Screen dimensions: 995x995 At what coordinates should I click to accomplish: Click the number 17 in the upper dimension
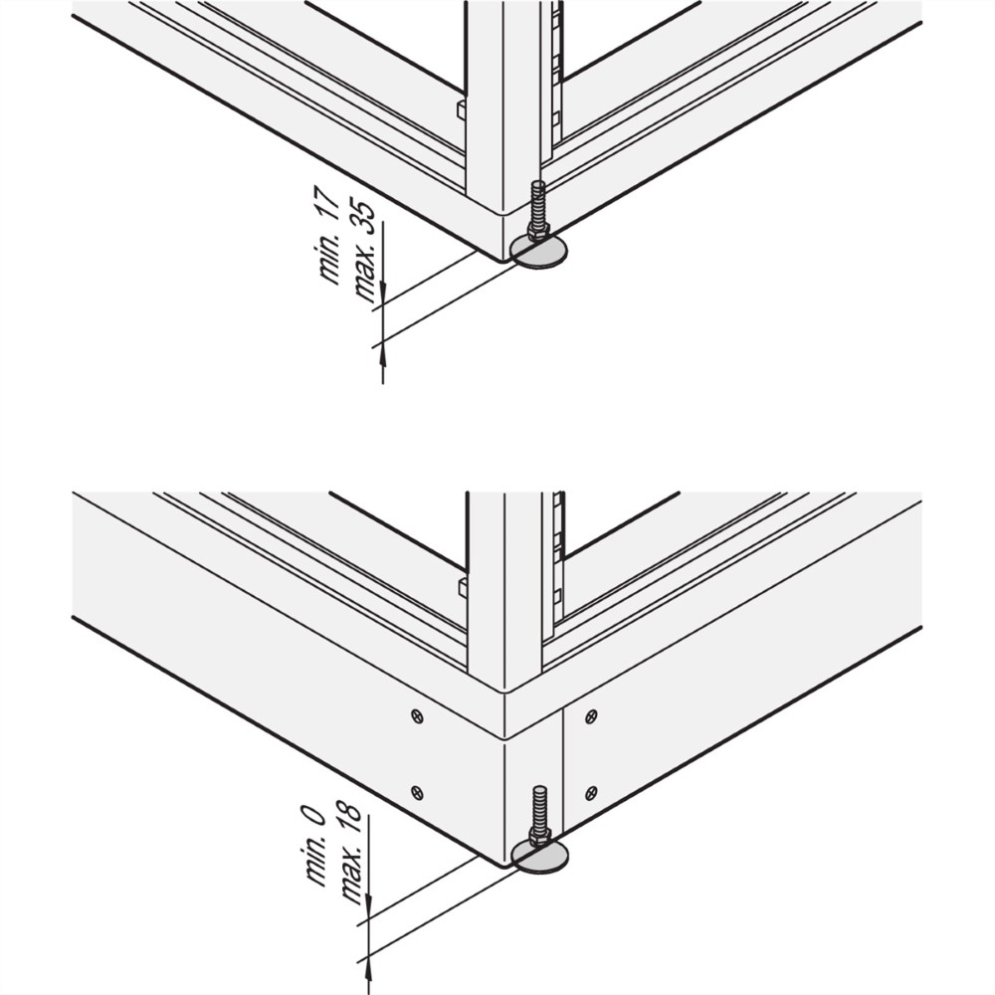point(329,201)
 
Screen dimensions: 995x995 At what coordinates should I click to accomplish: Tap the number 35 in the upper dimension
point(367,218)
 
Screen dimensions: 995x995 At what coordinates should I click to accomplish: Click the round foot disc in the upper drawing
point(540,253)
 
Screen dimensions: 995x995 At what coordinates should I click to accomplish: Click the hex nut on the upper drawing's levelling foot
point(537,232)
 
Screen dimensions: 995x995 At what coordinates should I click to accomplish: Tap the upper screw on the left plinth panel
point(417,717)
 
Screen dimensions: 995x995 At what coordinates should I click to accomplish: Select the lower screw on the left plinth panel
point(417,792)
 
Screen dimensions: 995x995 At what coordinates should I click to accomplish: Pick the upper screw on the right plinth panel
point(591,717)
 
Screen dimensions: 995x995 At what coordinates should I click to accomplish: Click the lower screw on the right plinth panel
point(591,792)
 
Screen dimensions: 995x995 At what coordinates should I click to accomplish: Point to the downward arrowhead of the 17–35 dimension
point(383,294)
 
